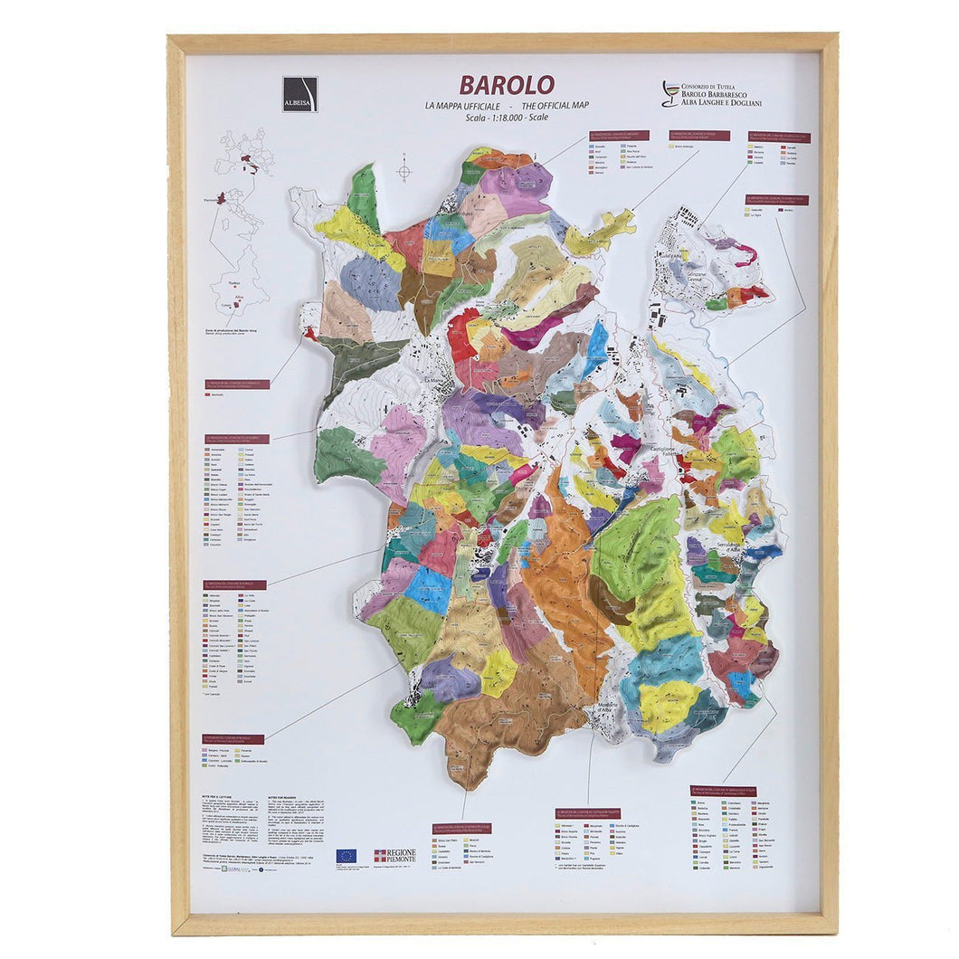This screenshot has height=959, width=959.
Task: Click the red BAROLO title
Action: (x=506, y=85)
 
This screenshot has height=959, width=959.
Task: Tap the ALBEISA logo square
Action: (x=299, y=94)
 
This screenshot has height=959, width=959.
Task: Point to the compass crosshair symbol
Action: (x=404, y=171)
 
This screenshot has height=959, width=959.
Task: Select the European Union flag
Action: (x=346, y=856)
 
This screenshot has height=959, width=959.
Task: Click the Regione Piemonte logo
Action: (x=394, y=855)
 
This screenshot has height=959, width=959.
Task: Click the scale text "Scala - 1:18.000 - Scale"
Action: (x=507, y=118)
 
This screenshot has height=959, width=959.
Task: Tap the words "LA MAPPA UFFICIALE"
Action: (x=460, y=106)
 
